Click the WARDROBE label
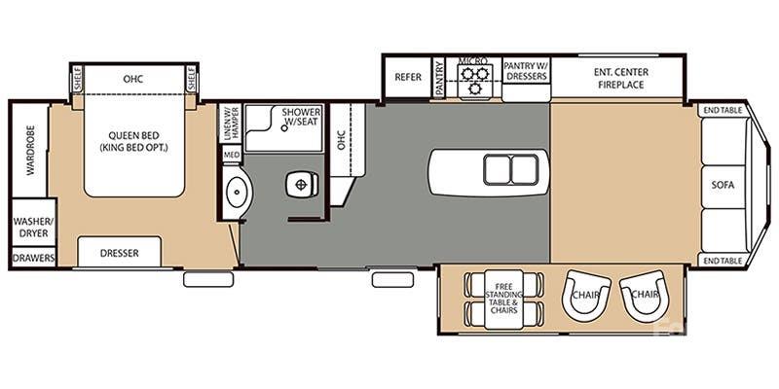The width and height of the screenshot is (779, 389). click(29, 150)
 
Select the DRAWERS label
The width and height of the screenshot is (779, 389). click(33, 258)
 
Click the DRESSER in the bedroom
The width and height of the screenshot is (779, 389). click(119, 253)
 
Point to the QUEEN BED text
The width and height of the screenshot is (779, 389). click(134, 141)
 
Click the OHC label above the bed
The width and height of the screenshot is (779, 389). click(134, 78)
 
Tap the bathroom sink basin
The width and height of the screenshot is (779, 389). click(236, 192)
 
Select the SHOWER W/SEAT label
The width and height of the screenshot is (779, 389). click(302, 118)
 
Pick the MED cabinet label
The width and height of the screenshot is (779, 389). click(231, 155)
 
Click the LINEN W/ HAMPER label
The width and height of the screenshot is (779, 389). click(231, 124)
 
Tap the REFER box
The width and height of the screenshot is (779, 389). click(407, 78)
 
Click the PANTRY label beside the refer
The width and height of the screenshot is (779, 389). click(440, 78)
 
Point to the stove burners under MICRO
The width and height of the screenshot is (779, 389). click(474, 80)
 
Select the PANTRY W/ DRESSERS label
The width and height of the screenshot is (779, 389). click(526, 71)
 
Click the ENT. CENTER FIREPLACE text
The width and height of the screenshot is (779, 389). click(620, 78)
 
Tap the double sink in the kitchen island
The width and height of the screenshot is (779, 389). click(511, 170)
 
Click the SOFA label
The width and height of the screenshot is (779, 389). click(723, 184)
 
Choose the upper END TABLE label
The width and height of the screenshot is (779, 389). click(723, 111)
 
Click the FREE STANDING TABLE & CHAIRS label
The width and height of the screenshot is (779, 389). click(503, 290)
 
